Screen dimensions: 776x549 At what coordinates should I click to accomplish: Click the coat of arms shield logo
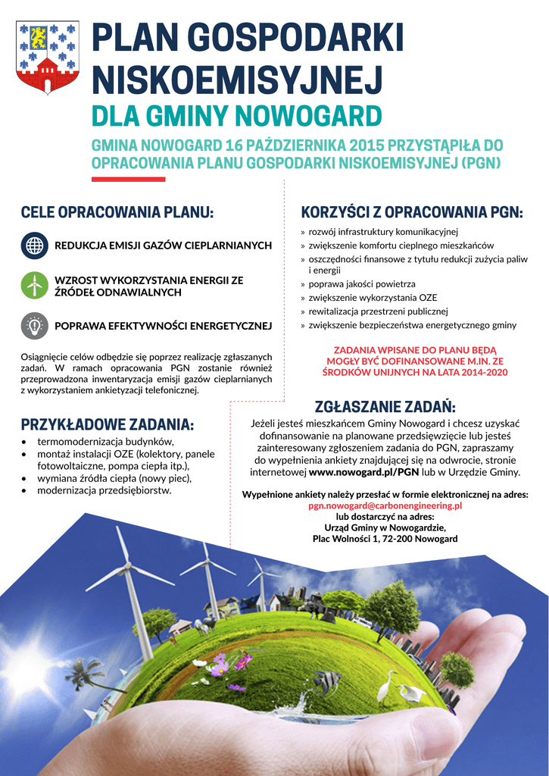(48, 57)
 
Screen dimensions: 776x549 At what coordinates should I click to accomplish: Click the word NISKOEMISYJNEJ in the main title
(238, 80)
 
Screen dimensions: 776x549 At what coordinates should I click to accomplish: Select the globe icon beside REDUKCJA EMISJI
(34, 246)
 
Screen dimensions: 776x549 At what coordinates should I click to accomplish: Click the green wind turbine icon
(34, 286)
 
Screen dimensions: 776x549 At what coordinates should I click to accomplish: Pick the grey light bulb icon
(34, 326)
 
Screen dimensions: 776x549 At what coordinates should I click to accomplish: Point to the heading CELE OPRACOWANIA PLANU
(117, 213)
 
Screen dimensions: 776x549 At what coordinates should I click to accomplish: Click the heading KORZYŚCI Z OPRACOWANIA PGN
(412, 213)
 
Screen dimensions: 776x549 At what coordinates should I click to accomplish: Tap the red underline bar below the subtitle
(128, 180)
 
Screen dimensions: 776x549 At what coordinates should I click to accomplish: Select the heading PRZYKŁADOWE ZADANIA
(108, 424)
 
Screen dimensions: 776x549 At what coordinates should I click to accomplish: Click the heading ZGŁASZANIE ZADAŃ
(385, 407)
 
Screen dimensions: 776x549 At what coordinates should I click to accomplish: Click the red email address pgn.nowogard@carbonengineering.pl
(385, 505)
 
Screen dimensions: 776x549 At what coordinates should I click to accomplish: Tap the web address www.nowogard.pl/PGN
(364, 471)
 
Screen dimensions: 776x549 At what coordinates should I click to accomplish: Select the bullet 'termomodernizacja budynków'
(106, 441)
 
